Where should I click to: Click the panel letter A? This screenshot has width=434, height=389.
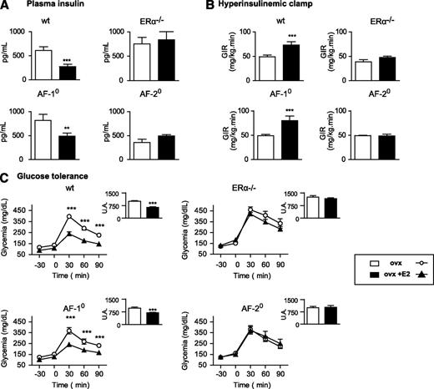click(x=6, y=6)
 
